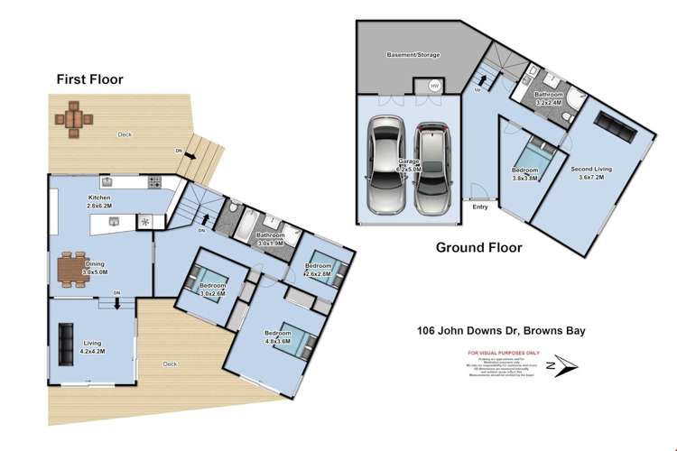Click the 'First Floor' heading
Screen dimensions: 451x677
(89, 79)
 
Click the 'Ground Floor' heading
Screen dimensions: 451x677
(478, 247)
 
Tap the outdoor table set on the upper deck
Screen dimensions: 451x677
(74, 119)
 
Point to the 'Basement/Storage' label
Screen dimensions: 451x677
(413, 55)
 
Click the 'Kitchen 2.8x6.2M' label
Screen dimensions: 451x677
(98, 202)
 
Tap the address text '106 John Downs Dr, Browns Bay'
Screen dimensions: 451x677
(495, 330)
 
